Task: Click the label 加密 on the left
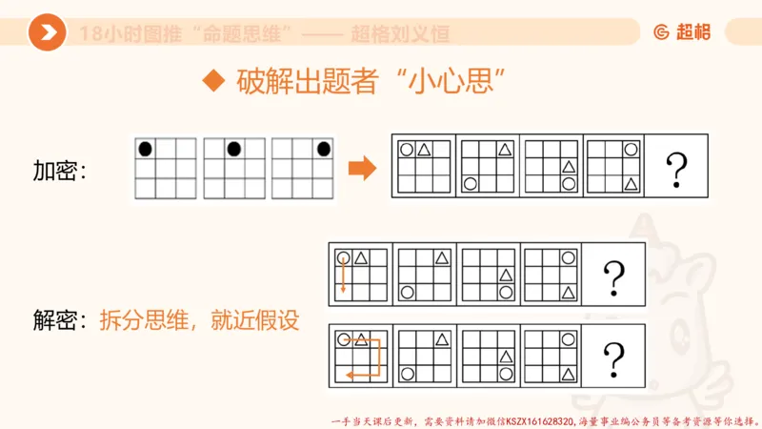(x=59, y=172)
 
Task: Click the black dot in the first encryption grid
(x=146, y=149)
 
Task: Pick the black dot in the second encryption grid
(x=233, y=149)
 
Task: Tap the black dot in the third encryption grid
(x=324, y=149)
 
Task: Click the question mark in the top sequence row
(x=677, y=169)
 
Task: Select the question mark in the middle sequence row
(x=614, y=277)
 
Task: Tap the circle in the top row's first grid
(x=407, y=149)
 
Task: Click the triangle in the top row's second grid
(x=506, y=149)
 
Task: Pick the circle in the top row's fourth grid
(x=631, y=149)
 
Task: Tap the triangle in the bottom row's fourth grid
(x=569, y=374)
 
